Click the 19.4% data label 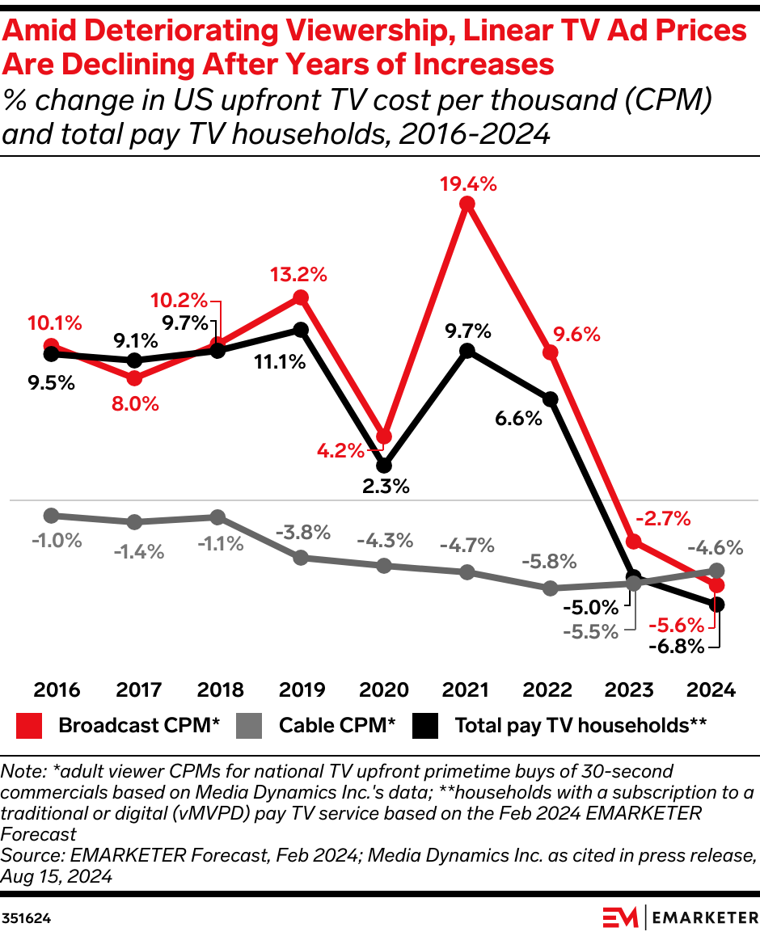pyautogui.click(x=467, y=183)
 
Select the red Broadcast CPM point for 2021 pyautogui.click(x=467, y=204)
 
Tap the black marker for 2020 pyautogui.click(x=384, y=466)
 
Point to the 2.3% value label pyautogui.click(x=386, y=487)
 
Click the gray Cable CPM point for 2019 pyautogui.click(x=301, y=558)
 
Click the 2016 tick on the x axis pyautogui.click(x=57, y=690)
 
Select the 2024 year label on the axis pyautogui.click(x=711, y=690)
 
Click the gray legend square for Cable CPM pyautogui.click(x=250, y=726)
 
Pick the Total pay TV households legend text pyautogui.click(x=581, y=725)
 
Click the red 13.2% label pyautogui.click(x=298, y=275)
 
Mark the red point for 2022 pyautogui.click(x=551, y=352)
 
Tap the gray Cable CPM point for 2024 pyautogui.click(x=716, y=570)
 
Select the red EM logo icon pyautogui.click(x=621, y=918)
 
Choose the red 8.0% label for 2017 pyautogui.click(x=136, y=403)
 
